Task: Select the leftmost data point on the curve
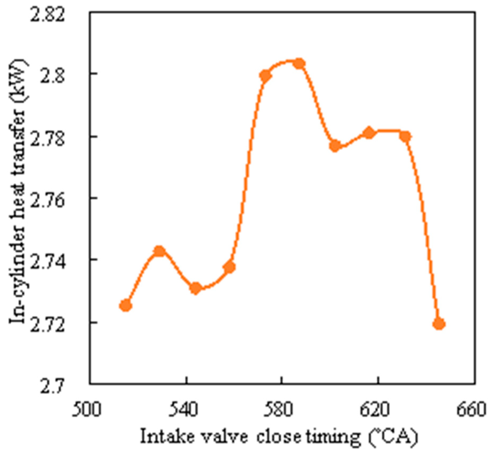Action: pyautogui.click(x=125, y=306)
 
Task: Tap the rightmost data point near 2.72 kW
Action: pyautogui.click(x=439, y=324)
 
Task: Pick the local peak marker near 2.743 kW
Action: pyautogui.click(x=159, y=251)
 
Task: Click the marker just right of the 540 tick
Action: pyautogui.click(x=196, y=288)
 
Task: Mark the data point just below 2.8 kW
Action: pyautogui.click(x=266, y=76)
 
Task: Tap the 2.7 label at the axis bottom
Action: pyautogui.click(x=52, y=388)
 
